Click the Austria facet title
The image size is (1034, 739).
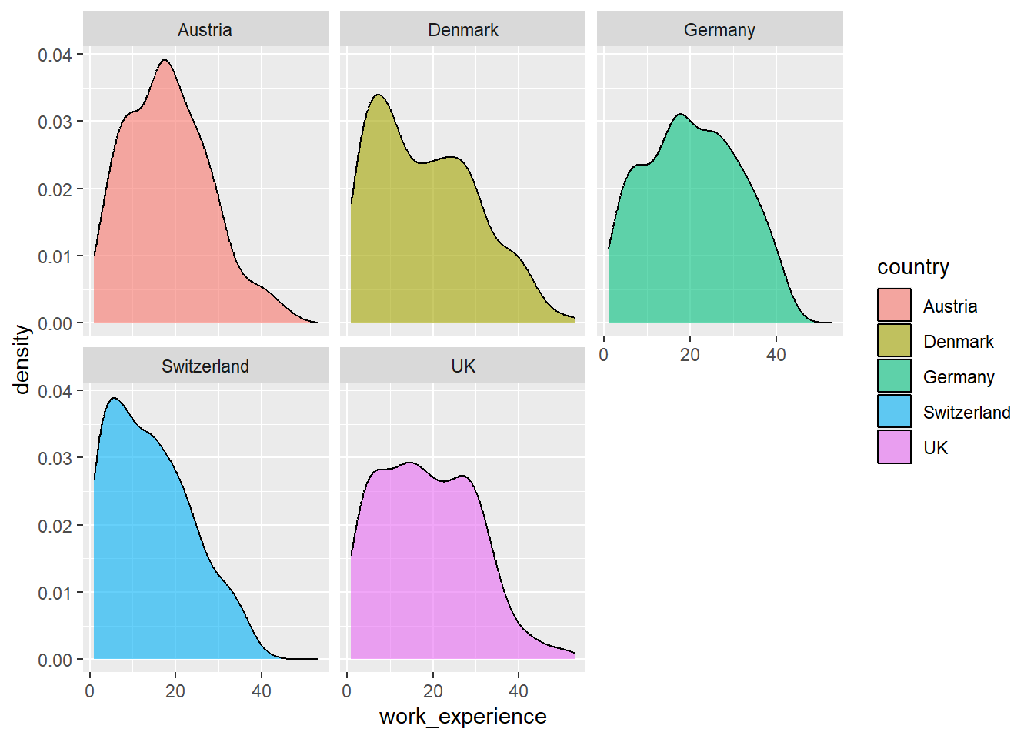pyautogui.click(x=205, y=30)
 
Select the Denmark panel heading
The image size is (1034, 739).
pyautogui.click(x=462, y=30)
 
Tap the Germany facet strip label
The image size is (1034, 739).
pyautogui.click(x=719, y=30)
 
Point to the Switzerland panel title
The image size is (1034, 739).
pyautogui.click(x=205, y=366)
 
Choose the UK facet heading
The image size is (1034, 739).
pyautogui.click(x=462, y=366)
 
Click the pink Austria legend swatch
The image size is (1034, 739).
pyautogui.click(x=894, y=306)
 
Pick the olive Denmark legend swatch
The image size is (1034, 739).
pyautogui.click(x=894, y=341)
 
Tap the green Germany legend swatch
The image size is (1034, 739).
pyautogui.click(x=894, y=376)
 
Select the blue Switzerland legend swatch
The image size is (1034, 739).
pyautogui.click(x=894, y=412)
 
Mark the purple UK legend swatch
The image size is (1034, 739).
pyautogui.click(x=894, y=447)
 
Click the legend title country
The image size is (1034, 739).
pyautogui.click(x=912, y=267)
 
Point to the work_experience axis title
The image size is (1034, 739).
pyautogui.click(x=462, y=717)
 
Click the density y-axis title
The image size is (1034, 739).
pyautogui.click(x=22, y=359)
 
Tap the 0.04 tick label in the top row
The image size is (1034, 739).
pyautogui.click(x=55, y=55)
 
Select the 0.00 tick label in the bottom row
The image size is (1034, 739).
pyautogui.click(x=55, y=660)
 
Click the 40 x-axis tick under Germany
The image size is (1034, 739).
pyautogui.click(x=775, y=355)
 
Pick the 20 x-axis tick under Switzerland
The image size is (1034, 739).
pyautogui.click(x=175, y=691)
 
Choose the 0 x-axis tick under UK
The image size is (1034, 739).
pyautogui.click(x=347, y=691)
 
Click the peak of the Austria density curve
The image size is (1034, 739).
pyautogui.click(x=165, y=60)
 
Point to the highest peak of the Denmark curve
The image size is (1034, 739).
pyautogui.click(x=378, y=95)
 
